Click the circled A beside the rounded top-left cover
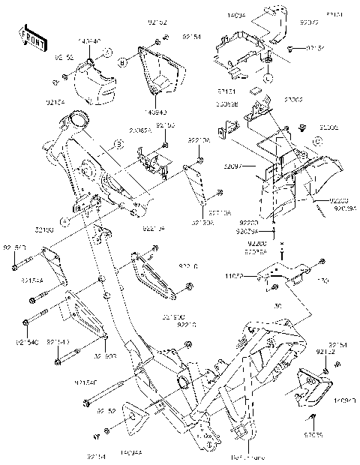pos(107,53)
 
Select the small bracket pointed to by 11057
pos(285,276)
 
